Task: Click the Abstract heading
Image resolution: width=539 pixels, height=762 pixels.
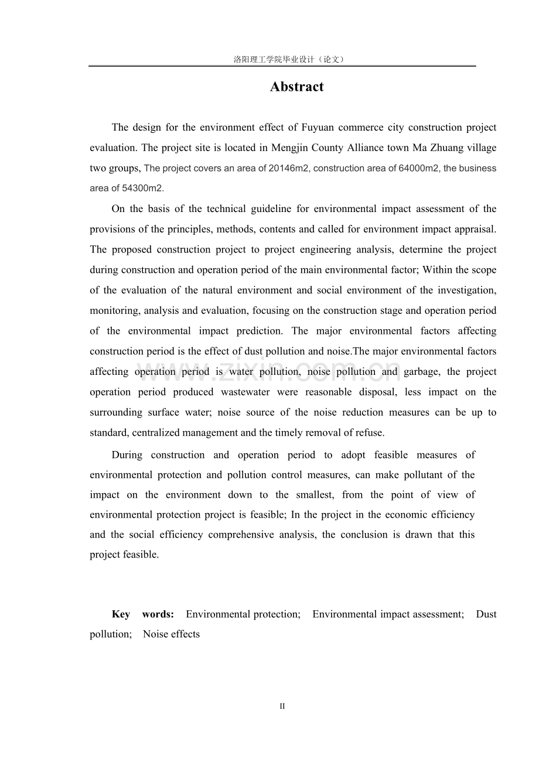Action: tap(296, 87)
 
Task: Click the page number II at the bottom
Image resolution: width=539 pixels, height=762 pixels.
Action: tap(282, 706)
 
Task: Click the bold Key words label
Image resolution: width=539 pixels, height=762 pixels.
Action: tap(143, 614)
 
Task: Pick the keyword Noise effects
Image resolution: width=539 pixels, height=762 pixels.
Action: tap(171, 634)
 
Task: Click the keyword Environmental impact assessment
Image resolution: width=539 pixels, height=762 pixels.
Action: tap(388, 614)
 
